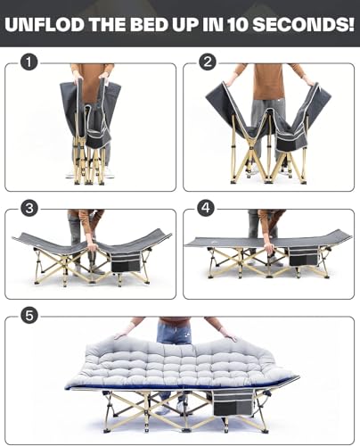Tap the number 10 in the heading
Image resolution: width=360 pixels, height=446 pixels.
pos(238,24)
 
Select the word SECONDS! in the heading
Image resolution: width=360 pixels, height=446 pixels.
pos(303,24)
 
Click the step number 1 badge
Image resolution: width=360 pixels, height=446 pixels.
pos(29,62)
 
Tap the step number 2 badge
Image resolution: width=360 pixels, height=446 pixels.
pos(208,62)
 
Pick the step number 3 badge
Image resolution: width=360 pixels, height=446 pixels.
pos(29,209)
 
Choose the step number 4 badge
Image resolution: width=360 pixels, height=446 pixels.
pos(206,208)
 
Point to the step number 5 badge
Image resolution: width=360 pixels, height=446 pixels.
pos(29,315)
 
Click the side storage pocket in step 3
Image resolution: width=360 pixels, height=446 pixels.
pos(126,262)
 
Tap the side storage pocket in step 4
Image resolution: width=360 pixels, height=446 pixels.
pos(303,256)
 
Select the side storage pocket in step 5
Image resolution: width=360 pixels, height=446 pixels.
pos(233,403)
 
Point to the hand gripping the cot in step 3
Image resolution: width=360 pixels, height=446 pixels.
pos(92,246)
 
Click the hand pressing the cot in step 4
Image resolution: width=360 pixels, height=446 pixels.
pos(269,248)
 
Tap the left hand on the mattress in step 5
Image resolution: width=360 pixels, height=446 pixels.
pos(122,335)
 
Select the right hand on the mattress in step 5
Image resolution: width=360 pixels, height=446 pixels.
pos(229,336)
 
